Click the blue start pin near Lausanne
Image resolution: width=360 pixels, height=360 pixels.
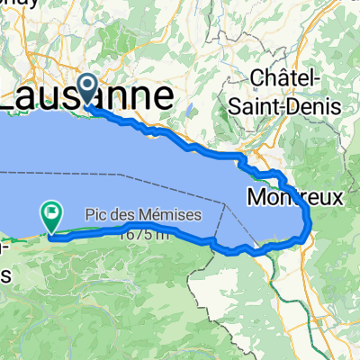(88, 88)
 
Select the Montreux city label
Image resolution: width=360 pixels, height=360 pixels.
(294, 195)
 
